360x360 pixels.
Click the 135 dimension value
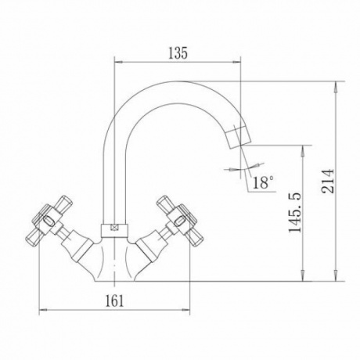coord(178,53)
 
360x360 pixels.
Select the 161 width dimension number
coord(114,301)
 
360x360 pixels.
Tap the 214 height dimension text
coord(328,181)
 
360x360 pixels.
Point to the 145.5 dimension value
coord(295,213)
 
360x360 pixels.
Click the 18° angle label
coord(263,182)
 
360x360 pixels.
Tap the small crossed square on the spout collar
coord(114,228)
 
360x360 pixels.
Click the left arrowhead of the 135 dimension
coord(118,62)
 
